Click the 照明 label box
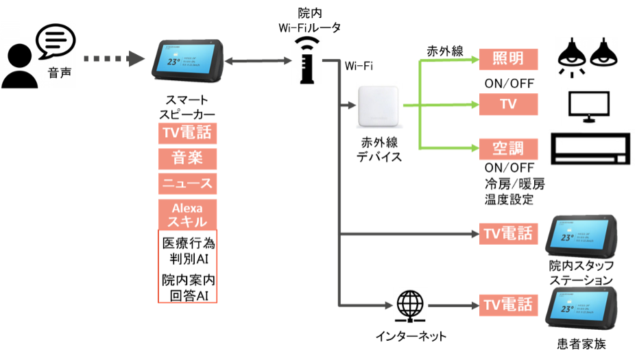coord(508,59)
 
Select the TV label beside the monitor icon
coord(508,104)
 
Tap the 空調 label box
coord(508,148)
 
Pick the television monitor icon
coord(588,106)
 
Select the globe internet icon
coord(410,304)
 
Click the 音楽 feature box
coord(188,158)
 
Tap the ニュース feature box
coord(188,184)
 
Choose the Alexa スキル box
coord(188,215)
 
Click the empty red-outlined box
coord(188,266)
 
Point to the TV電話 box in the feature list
coord(188,132)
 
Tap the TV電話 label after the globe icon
coord(508,304)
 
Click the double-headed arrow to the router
coord(257,60)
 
